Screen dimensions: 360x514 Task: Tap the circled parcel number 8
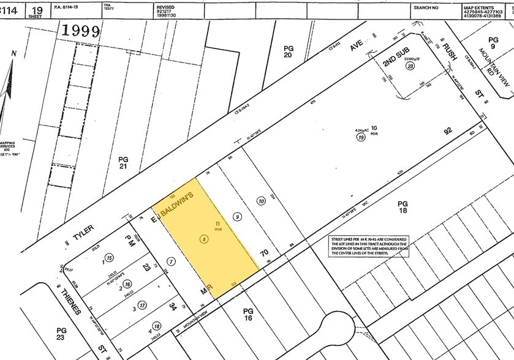coord(203,238)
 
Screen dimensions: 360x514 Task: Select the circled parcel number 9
coord(238,216)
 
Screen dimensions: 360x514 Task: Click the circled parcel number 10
coord(262,201)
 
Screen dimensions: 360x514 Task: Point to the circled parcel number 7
coord(172,261)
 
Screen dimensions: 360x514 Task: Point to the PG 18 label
coord(403,208)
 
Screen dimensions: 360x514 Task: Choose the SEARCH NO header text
coord(426,8)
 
